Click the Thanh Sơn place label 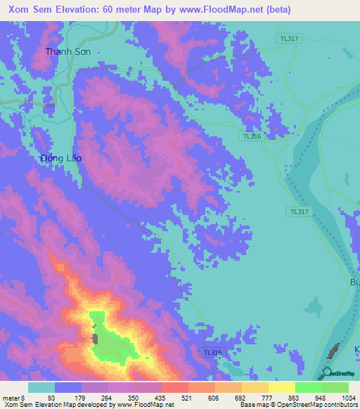tap(68, 51)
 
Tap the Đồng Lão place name tap(61, 158)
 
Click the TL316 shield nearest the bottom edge tap(211, 352)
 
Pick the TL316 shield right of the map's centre tap(252, 136)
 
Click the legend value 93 tap(51, 398)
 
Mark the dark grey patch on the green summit tap(95, 339)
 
